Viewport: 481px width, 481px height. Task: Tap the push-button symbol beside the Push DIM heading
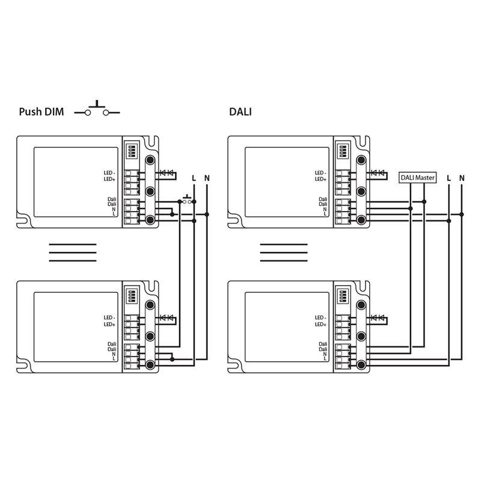pos(97,110)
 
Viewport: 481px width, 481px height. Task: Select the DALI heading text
pos(240,112)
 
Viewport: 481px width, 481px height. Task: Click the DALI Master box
pos(417,178)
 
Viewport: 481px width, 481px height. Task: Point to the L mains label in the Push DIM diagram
pos(194,178)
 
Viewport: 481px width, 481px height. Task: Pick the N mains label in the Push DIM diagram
pos(207,178)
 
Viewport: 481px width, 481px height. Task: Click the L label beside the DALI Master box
pos(449,178)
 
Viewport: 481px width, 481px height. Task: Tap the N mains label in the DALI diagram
pos(462,178)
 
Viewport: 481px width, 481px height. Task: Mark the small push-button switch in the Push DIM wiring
pos(188,199)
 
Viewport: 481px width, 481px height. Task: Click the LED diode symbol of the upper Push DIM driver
pos(167,173)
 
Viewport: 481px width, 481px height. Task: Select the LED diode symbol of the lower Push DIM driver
pos(167,317)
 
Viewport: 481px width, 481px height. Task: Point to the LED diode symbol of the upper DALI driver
pos(378,173)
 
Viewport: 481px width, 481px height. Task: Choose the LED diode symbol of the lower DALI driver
pos(378,317)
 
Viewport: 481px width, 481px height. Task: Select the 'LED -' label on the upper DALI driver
pos(320,173)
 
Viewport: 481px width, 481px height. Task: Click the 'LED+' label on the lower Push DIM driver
pos(109,325)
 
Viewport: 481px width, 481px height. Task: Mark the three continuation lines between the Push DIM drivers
pos(72,253)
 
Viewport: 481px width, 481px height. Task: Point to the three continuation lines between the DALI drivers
pos(283,253)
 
